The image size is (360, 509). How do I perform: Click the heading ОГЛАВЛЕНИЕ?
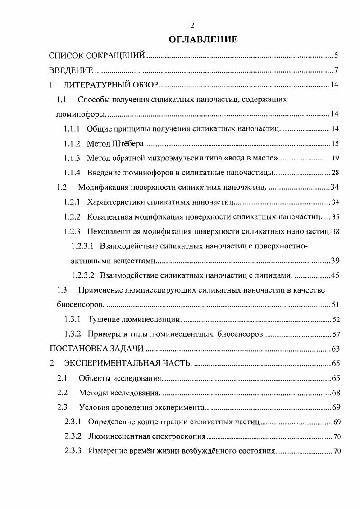point(203,40)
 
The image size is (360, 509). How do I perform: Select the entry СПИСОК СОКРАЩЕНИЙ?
point(97,56)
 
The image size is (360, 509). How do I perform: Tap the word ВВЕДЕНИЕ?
point(71,70)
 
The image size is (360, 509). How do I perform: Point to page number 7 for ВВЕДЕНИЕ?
point(336,70)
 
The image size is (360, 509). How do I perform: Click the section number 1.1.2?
point(72,144)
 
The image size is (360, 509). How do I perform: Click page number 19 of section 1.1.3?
point(335,158)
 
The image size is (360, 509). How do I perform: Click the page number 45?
point(335,275)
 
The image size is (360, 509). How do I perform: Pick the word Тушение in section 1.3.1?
point(102,320)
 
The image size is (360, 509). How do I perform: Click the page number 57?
point(335,335)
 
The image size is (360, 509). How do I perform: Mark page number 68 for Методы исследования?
point(335,393)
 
